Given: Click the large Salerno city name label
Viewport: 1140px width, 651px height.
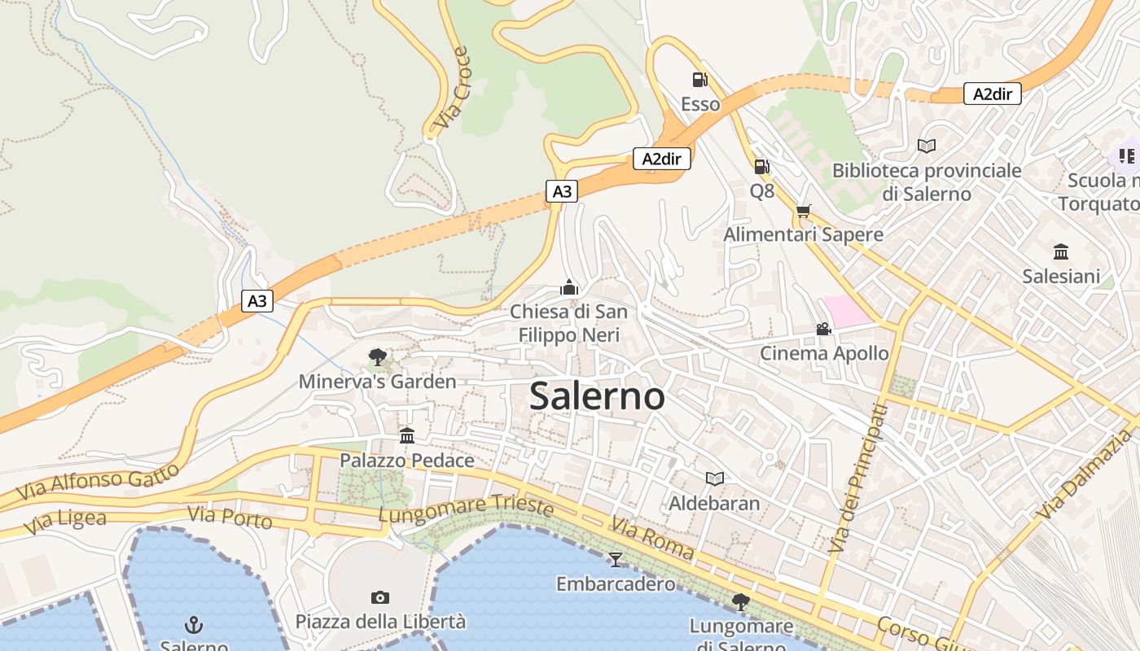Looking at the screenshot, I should pyautogui.click(x=597, y=396).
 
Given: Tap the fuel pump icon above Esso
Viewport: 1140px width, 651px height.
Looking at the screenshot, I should pyautogui.click(x=699, y=79).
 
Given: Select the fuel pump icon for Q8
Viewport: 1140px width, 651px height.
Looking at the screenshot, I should pyautogui.click(x=761, y=166).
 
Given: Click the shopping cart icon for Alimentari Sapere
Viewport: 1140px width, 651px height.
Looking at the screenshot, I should pyautogui.click(x=804, y=212).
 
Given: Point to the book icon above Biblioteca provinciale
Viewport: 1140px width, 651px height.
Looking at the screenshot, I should pyautogui.click(x=926, y=146).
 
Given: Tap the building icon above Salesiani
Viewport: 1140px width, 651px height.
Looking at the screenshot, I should pyautogui.click(x=1060, y=251).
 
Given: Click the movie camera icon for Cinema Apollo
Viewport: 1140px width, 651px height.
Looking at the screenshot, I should pyautogui.click(x=823, y=329).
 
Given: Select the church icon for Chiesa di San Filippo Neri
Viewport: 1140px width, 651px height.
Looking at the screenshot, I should pyautogui.click(x=568, y=287).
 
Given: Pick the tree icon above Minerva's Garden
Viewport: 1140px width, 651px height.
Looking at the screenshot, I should pyautogui.click(x=377, y=356).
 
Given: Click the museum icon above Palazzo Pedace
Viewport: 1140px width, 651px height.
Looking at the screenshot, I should pyautogui.click(x=407, y=435).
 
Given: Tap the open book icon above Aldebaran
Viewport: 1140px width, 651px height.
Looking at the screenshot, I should pyautogui.click(x=714, y=478).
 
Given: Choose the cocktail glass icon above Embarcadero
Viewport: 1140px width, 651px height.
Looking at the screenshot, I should pyautogui.click(x=615, y=559).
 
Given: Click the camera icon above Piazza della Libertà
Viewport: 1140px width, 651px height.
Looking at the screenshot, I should pyautogui.click(x=379, y=597).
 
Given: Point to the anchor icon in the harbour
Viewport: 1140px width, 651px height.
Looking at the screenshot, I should pyautogui.click(x=193, y=625).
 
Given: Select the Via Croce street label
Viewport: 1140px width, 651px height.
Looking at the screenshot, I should pyautogui.click(x=452, y=90).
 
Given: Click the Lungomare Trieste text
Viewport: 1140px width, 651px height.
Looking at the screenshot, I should pyautogui.click(x=466, y=508).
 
